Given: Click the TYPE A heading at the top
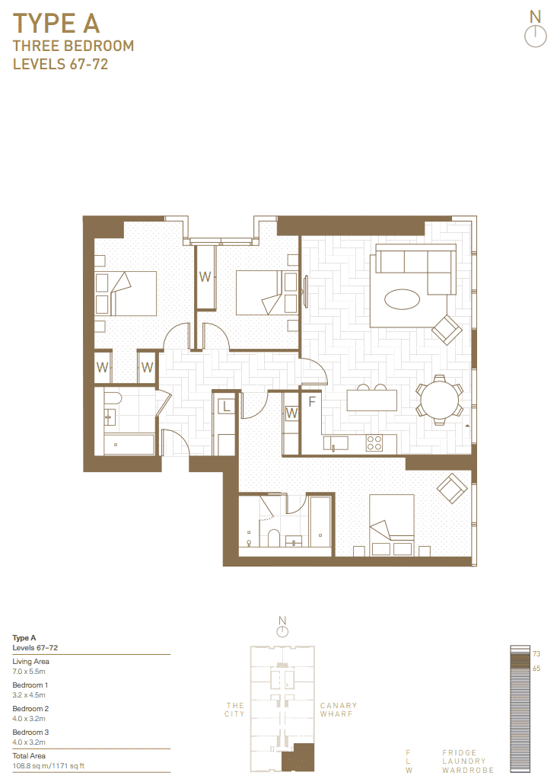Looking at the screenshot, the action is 56,24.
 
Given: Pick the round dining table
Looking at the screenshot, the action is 439,400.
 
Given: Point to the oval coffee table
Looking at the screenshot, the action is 402,299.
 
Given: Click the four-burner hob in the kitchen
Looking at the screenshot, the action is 374,442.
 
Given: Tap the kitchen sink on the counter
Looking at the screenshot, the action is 335,442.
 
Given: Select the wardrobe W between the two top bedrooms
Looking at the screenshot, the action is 205,277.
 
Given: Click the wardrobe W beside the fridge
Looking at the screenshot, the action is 291,413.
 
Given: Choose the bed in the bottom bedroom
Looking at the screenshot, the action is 392,525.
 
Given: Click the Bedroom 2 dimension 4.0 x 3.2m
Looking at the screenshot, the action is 29,718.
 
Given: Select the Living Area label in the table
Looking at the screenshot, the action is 30,661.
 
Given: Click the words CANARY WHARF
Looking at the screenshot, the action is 339,710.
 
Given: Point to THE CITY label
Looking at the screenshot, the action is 235,710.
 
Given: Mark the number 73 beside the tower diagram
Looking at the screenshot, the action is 536,654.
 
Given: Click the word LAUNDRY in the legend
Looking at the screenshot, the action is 464,761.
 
